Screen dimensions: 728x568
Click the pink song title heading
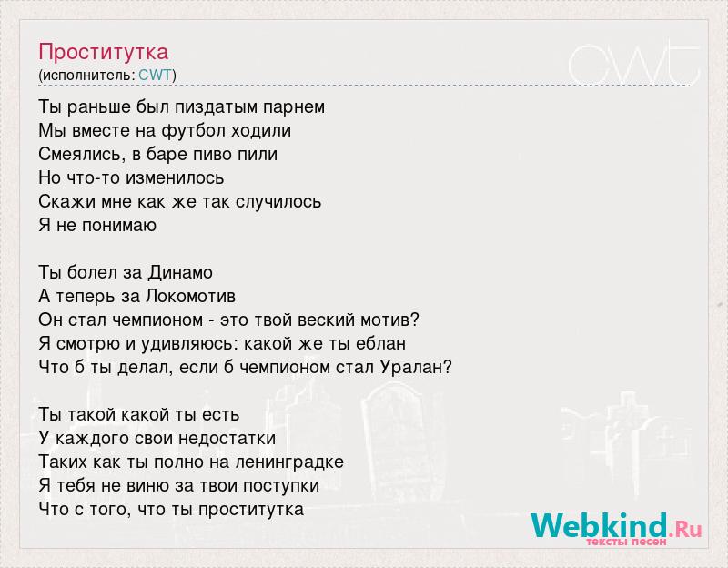tap(103, 53)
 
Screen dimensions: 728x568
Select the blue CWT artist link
tap(155, 76)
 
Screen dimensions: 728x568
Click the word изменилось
tap(175, 177)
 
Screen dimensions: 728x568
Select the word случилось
tap(278, 202)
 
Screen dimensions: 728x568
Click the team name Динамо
tap(180, 272)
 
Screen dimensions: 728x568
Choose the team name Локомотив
tap(190, 297)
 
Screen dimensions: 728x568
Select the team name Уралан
tap(416, 368)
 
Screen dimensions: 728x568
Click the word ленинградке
tap(289, 462)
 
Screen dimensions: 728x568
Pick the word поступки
tap(281, 486)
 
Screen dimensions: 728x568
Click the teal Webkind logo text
tap(600, 525)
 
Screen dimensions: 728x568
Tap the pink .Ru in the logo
tap(685, 528)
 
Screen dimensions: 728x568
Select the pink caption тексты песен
tap(626, 542)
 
